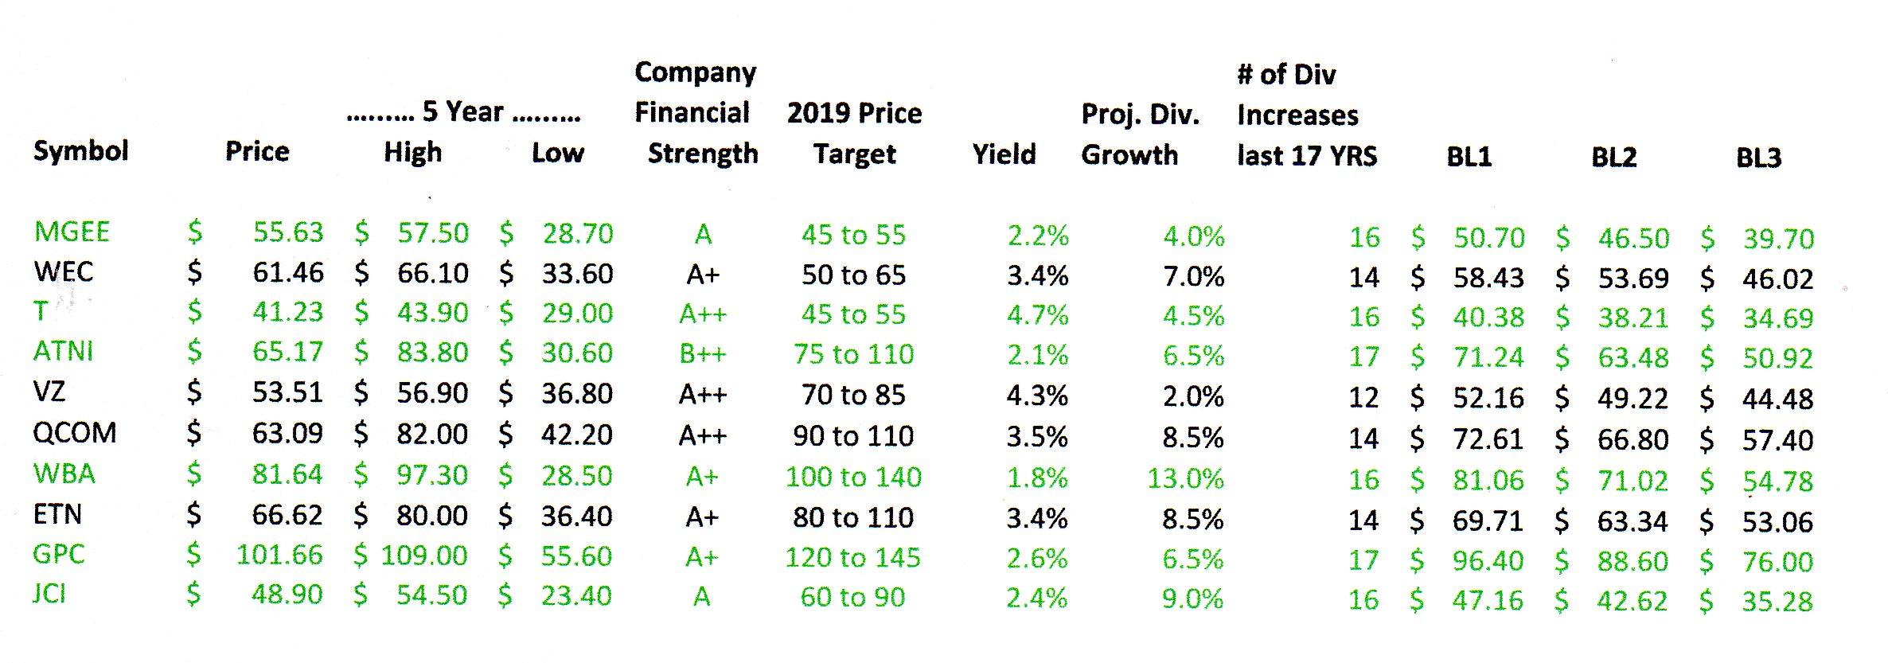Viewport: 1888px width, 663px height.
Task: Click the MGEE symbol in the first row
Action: coord(72,232)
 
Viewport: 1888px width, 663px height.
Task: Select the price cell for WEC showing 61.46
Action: coord(288,274)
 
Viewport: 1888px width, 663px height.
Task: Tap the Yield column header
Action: coord(1004,154)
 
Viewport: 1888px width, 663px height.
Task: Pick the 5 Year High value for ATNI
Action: coord(432,353)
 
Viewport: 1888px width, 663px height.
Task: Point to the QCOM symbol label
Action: coord(75,434)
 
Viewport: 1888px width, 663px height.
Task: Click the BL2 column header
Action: coord(1613,157)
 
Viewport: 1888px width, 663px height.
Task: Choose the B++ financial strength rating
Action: coord(702,354)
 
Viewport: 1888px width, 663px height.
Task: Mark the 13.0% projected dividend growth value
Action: coord(1185,478)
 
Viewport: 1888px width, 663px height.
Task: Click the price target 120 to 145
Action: coord(852,558)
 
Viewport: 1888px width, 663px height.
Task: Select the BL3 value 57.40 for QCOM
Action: coord(1777,440)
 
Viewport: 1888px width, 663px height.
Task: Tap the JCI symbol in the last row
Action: coord(49,595)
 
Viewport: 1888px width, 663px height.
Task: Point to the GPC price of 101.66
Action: coord(279,556)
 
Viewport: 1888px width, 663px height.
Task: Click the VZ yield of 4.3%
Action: coord(1037,396)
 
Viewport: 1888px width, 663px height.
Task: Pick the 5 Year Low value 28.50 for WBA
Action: coord(576,476)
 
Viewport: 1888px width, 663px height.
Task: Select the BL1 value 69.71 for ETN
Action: coord(1487,521)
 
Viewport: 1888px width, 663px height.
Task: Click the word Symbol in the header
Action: coord(80,150)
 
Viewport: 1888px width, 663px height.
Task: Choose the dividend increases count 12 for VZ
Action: coord(1363,396)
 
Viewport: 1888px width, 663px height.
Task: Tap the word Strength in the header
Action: coord(702,154)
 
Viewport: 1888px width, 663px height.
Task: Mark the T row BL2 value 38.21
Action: coord(1632,318)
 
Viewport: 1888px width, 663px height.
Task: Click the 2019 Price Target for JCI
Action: coord(852,598)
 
